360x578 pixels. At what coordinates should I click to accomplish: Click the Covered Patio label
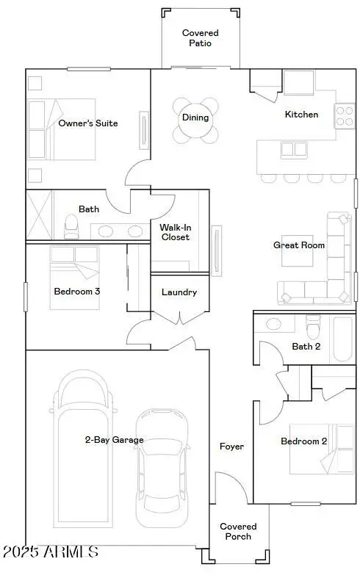tap(200, 38)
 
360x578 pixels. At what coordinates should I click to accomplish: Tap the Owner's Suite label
tap(88, 123)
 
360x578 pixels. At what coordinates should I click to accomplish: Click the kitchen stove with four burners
tap(345, 115)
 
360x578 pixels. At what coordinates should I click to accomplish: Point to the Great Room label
tap(299, 245)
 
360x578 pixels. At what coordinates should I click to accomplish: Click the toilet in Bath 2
tap(313, 325)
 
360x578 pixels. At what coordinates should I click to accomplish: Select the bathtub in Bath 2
tap(342, 338)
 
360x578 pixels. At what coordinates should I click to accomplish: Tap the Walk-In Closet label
tap(175, 232)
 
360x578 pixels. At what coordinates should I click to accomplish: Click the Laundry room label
tap(179, 292)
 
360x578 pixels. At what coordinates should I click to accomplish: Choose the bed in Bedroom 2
tap(321, 449)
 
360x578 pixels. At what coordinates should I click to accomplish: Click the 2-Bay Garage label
tap(113, 440)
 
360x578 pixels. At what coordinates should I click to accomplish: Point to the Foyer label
tap(231, 447)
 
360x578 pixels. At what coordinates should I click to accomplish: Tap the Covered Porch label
tap(239, 531)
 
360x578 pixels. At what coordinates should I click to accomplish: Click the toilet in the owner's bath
tap(71, 225)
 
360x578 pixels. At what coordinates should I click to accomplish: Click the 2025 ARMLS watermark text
tap(50, 551)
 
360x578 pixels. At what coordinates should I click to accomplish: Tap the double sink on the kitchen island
tap(294, 150)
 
